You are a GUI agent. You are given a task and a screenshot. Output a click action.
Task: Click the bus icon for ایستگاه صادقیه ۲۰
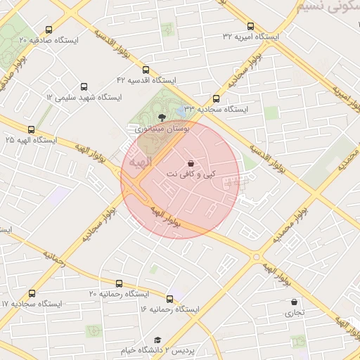(x=49, y=30)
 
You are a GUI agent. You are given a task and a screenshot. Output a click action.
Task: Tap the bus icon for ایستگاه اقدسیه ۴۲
(x=146, y=70)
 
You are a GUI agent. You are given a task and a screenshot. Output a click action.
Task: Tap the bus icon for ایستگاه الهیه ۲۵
(x=31, y=129)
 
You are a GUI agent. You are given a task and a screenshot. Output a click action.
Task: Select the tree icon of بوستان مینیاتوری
(x=162, y=117)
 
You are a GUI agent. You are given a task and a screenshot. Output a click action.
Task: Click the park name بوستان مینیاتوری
(x=162, y=129)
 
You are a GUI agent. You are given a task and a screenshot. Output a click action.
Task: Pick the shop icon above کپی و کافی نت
(x=191, y=162)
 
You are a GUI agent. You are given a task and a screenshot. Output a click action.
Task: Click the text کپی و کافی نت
(x=191, y=173)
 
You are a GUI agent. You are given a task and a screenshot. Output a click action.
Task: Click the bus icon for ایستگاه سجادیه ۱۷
(x=32, y=293)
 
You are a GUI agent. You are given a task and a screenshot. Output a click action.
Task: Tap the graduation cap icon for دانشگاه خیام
(x=157, y=340)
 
